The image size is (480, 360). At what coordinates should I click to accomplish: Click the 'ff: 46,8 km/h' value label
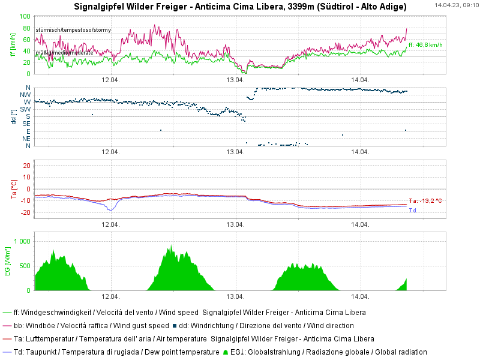pos(425,44)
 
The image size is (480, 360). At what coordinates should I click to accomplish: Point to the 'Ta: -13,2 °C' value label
pos(425,201)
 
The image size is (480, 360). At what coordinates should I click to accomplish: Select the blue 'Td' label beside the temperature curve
pos(412,211)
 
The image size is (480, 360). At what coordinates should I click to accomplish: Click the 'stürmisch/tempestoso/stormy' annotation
pos(73,29)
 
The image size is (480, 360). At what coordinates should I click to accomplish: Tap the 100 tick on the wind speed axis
pos(26,16)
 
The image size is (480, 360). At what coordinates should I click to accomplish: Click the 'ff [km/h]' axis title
pos(13,45)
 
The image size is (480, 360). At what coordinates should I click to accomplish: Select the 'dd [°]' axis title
pos(13,116)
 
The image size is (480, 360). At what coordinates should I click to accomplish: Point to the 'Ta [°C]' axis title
pos(13,188)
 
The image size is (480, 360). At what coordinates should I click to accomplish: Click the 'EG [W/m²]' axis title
pos(7,261)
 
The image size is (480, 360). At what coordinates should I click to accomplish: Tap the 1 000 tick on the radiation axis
pos(22,241)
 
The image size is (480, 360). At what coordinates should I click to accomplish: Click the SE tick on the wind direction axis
pos(26,124)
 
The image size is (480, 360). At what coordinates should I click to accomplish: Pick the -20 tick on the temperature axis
pos(26,213)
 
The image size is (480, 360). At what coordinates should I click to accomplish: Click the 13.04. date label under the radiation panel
pos(235,297)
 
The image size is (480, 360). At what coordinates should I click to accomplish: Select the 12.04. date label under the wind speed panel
pos(110,80)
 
